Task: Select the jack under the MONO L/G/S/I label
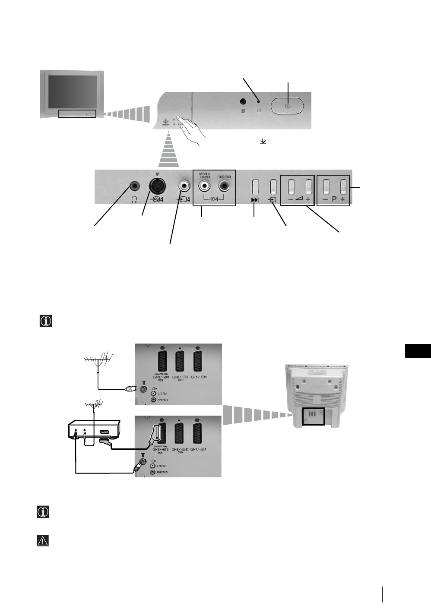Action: (x=204, y=186)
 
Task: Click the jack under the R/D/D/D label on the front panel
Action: (x=225, y=186)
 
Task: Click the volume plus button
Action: (x=309, y=187)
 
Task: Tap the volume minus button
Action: (x=291, y=187)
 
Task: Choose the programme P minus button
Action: (x=326, y=187)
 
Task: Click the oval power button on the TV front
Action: (x=287, y=105)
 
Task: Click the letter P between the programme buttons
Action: (x=334, y=200)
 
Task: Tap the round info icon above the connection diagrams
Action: (x=45, y=321)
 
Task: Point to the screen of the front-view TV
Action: (x=72, y=92)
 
